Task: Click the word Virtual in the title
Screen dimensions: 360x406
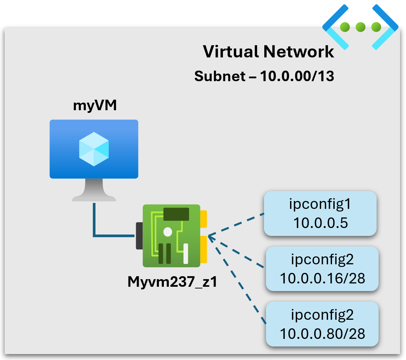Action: point(231,51)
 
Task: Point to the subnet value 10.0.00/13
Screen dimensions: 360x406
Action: point(297,76)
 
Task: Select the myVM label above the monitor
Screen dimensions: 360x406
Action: point(95,105)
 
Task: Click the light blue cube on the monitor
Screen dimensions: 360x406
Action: point(94,149)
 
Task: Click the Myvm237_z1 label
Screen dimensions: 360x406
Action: point(172,282)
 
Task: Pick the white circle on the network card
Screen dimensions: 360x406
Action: point(168,232)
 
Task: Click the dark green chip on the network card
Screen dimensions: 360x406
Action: point(176,214)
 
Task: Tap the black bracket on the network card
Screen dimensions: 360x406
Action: point(139,236)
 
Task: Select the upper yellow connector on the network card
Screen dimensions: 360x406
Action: point(203,219)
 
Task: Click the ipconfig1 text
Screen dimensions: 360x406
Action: point(320,204)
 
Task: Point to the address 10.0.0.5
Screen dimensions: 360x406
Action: point(320,223)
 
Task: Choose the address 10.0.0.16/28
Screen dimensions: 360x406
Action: point(322,278)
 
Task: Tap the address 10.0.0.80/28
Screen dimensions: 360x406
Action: point(322,334)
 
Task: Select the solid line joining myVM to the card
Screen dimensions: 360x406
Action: point(94,224)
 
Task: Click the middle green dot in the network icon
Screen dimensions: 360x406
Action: point(360,27)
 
